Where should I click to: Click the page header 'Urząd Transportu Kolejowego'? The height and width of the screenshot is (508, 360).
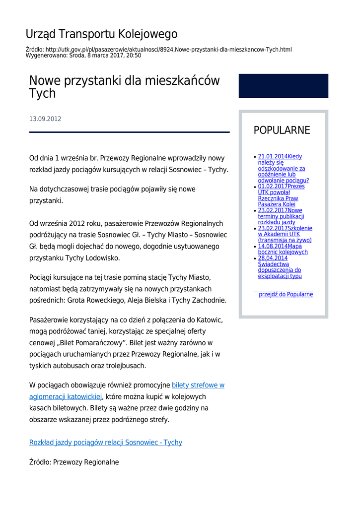point(101,34)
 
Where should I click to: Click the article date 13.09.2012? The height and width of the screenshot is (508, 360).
point(45,119)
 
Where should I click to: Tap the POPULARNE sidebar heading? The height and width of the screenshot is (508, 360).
point(282,130)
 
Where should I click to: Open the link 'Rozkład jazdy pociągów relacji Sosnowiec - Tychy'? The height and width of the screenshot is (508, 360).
point(105,442)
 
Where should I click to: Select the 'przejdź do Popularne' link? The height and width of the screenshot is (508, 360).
point(286,294)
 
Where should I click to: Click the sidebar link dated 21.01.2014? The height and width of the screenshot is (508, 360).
point(282,168)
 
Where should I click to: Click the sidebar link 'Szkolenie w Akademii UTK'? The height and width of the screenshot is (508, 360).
point(285,234)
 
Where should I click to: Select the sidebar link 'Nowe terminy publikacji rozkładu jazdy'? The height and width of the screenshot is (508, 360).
point(281,216)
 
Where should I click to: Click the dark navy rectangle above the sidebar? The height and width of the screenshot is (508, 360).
point(283,86)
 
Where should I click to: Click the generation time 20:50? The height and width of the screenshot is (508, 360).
point(133,56)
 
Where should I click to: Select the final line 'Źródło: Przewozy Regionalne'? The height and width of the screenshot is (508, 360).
point(74,462)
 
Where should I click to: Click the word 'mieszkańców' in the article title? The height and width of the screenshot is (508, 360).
point(183,81)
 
